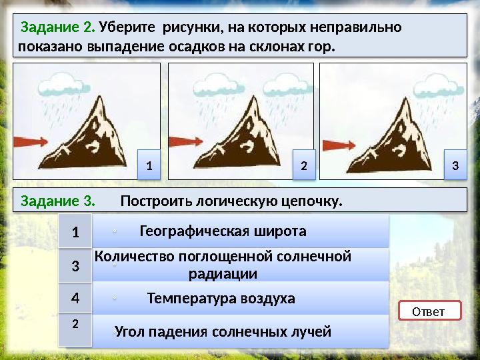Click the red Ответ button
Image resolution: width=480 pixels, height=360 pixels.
point(429,311)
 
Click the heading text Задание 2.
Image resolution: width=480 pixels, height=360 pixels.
point(58,28)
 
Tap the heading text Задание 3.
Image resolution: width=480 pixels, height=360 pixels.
point(57,201)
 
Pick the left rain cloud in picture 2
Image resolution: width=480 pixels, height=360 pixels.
point(214,85)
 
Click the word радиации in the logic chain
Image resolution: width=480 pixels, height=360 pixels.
point(223,274)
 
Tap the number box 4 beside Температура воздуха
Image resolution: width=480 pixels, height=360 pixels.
point(75,299)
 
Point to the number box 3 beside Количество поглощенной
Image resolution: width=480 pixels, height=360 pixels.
point(75,266)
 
